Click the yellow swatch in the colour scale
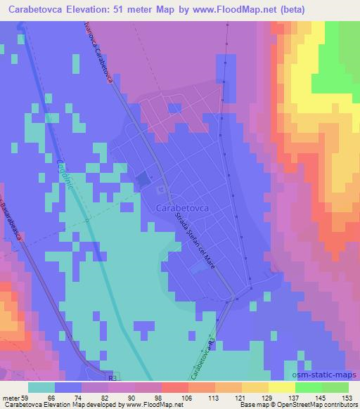point(282,387)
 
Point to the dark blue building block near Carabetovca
point(143,180)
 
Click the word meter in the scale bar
point(11,397)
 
